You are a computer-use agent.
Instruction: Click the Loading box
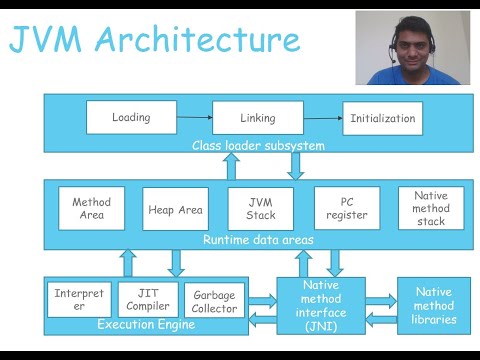pos(131,117)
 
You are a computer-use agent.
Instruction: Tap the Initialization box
pos(382,118)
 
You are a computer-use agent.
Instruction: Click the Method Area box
pos(91,209)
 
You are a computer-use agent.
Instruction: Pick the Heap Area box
pos(175,209)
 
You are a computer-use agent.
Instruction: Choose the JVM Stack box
pos(260,209)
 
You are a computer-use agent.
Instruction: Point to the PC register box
pos(346,209)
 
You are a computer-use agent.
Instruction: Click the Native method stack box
pos(431,208)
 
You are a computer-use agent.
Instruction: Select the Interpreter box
pos(79,299)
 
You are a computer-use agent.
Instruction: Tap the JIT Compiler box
pos(148,299)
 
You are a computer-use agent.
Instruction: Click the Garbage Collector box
pos(214,300)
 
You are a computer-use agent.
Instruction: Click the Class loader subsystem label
pos(258,146)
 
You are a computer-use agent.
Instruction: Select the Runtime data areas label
pos(258,240)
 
